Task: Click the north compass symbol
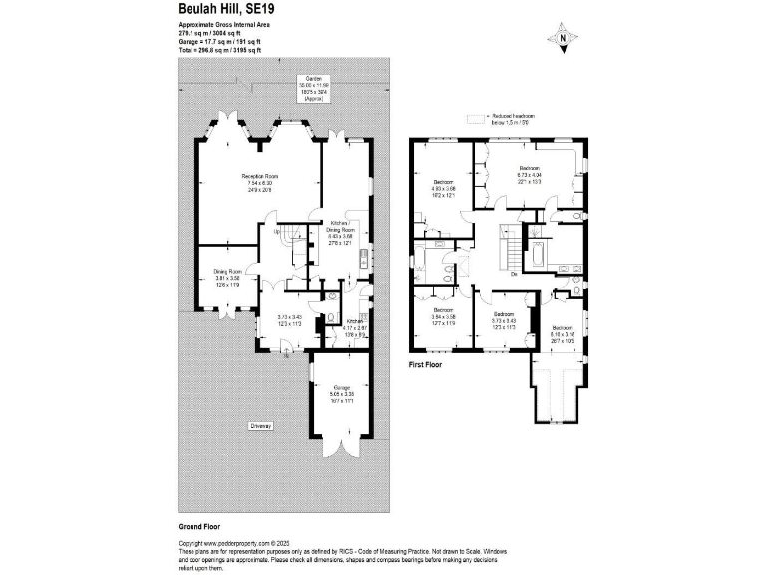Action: [x=563, y=38]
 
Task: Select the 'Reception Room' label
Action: [x=260, y=181]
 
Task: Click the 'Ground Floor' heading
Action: [x=199, y=525]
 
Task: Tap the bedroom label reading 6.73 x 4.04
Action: [x=529, y=173]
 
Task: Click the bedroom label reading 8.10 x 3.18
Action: [x=562, y=332]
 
